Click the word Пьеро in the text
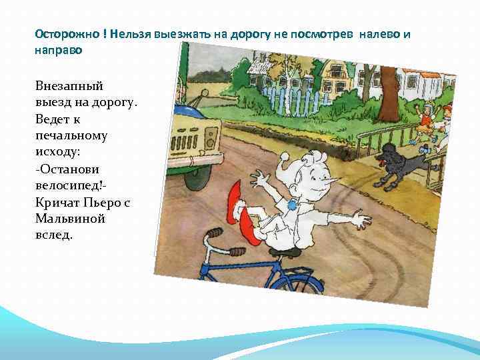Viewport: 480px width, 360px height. tap(104, 203)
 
